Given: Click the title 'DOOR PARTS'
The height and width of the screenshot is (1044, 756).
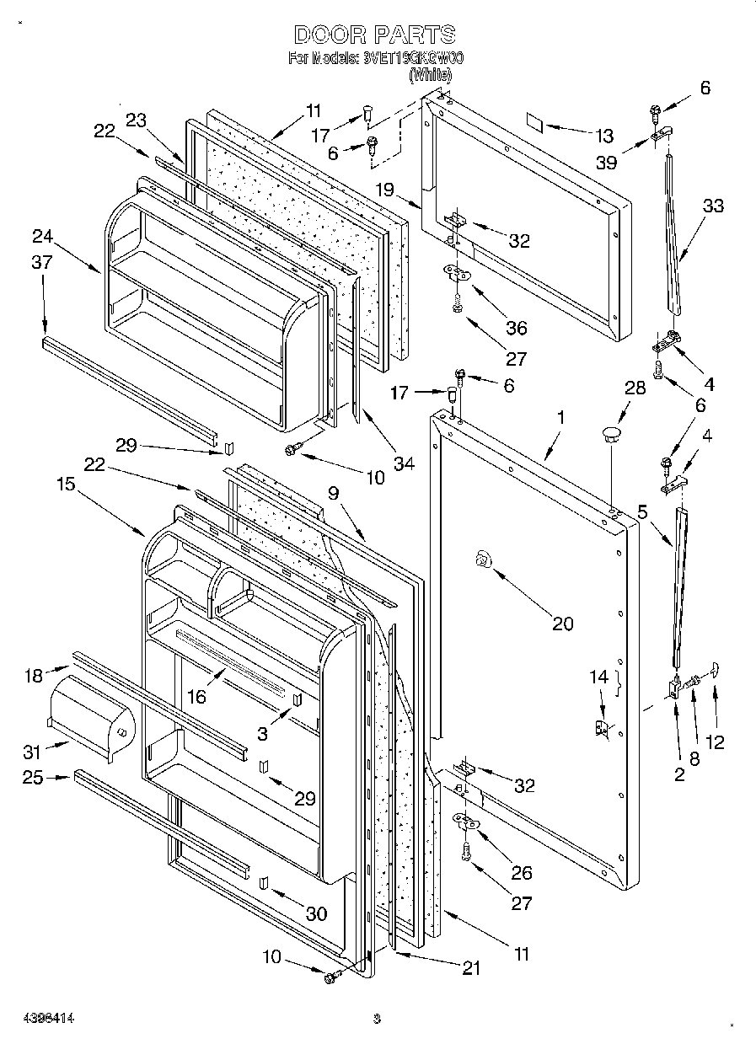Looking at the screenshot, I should pyautogui.click(x=375, y=35).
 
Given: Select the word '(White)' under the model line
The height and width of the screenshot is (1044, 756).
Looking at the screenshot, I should pyautogui.click(x=430, y=75).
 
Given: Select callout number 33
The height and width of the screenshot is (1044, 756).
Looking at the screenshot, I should pyautogui.click(x=712, y=206).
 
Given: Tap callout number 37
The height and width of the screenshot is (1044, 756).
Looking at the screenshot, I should pyautogui.click(x=42, y=262).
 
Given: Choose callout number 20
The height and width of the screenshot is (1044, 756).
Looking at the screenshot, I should pyautogui.click(x=562, y=624).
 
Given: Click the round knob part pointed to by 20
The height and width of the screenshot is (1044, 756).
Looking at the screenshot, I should pyautogui.click(x=482, y=557).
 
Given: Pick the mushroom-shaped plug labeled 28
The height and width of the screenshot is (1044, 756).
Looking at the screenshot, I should pyautogui.click(x=610, y=434).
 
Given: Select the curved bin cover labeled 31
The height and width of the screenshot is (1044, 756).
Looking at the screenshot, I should pyautogui.click(x=88, y=720).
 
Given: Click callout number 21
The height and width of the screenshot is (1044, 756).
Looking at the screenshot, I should pyautogui.click(x=470, y=969).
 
